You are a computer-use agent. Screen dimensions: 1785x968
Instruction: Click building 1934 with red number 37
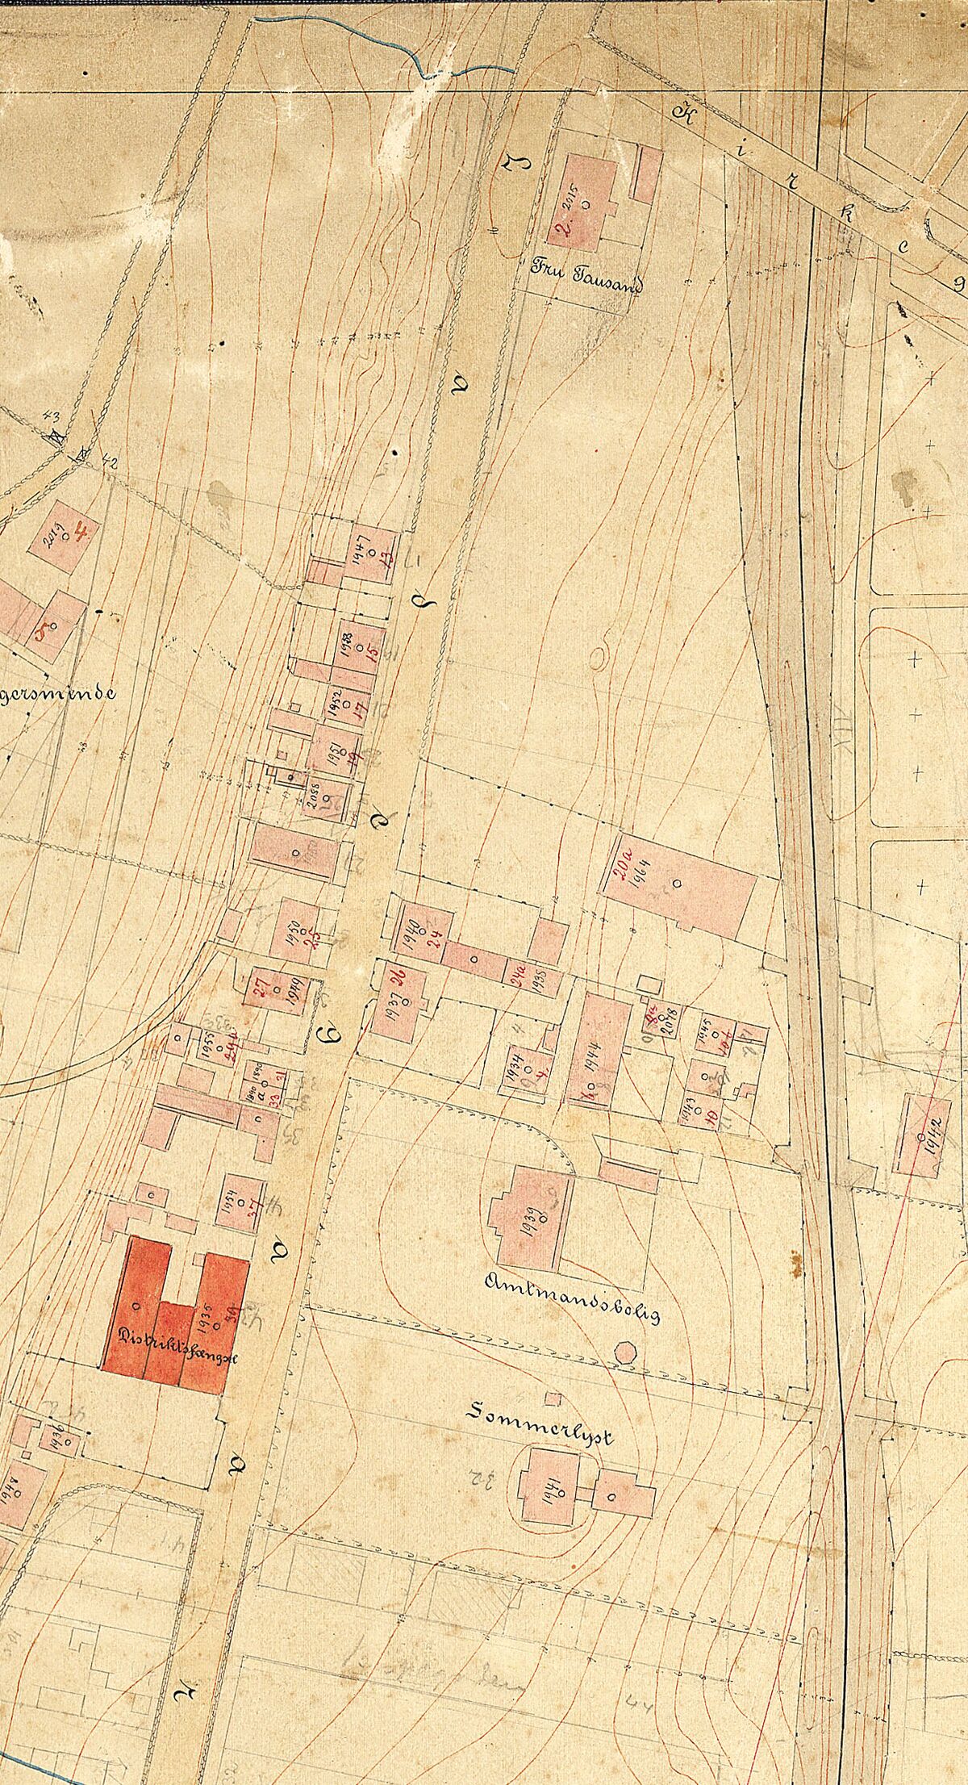pyautogui.click(x=240, y=1203)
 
